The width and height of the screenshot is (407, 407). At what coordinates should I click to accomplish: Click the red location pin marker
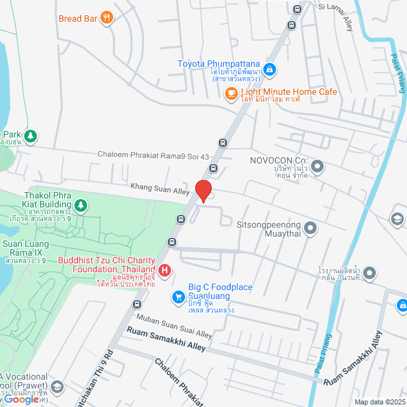(x=203, y=191)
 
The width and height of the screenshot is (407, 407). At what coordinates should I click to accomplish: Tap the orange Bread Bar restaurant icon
(x=107, y=18)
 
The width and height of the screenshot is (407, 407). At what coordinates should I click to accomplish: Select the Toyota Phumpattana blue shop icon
(x=269, y=69)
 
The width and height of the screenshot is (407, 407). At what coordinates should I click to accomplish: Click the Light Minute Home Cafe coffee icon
(x=231, y=95)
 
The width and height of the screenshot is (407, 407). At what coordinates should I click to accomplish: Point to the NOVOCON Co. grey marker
(x=317, y=167)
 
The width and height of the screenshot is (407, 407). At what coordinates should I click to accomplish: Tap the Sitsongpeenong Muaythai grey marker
(x=310, y=227)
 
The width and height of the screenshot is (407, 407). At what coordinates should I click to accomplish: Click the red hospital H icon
(x=165, y=272)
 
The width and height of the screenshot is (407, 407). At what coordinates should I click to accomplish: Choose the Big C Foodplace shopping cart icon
(x=179, y=296)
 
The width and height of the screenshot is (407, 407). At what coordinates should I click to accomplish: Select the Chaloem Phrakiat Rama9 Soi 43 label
(x=153, y=155)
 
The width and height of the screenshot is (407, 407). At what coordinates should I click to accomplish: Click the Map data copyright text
(x=379, y=402)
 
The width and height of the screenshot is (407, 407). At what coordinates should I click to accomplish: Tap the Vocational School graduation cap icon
(x=57, y=386)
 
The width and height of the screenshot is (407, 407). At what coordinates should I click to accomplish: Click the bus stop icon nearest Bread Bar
(x=291, y=25)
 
